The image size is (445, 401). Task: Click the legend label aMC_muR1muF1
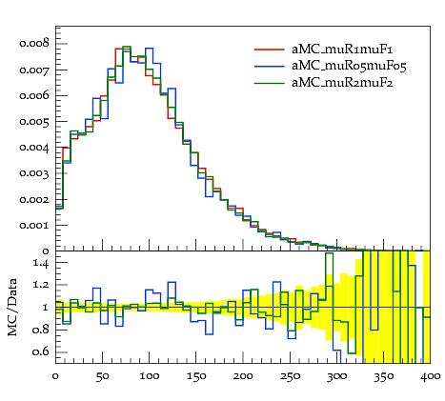coord(342,50)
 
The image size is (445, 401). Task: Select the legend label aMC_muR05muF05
coord(349,66)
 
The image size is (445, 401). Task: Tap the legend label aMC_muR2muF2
coord(342,83)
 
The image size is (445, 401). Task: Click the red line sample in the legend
coord(269,50)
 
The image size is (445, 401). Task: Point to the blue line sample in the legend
coord(269,66)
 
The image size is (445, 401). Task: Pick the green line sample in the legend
coord(269,83)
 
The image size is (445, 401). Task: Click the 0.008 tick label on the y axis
coord(34,43)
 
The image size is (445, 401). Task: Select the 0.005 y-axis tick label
coord(34,122)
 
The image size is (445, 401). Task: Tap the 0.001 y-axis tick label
coord(34,226)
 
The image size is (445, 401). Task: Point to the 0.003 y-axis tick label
coord(34,173)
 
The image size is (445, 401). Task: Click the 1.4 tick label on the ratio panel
coord(41,263)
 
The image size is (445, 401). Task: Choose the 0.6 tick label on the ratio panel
coord(41,351)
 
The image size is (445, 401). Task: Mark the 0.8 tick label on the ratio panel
coord(41,330)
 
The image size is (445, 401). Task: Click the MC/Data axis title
coord(12,307)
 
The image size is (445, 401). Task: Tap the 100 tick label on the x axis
coord(150,376)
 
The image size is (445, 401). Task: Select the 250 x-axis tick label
coord(290,376)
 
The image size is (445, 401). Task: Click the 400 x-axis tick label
coord(431,376)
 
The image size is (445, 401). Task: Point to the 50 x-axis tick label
coord(102,376)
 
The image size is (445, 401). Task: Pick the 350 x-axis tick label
coord(383,377)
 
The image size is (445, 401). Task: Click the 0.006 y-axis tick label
coord(34,95)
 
